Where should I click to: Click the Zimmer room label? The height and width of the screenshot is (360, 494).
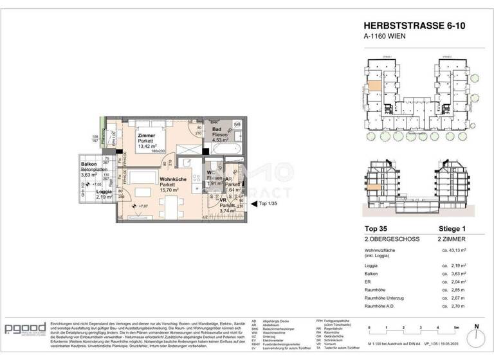147,135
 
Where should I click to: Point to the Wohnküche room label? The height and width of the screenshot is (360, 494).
172,179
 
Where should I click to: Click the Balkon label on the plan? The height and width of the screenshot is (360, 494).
89,164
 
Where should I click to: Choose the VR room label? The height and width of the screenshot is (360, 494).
223,200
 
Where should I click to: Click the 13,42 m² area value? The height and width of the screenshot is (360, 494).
148,146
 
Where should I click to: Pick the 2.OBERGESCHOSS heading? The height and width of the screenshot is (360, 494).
387,239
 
